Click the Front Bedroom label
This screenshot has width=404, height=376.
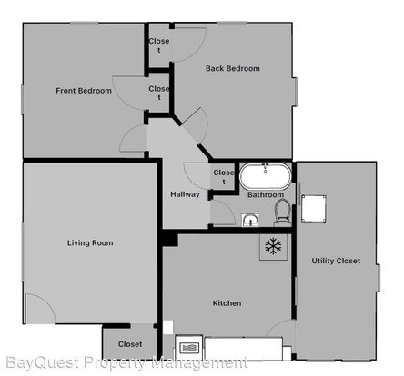pos(84,91)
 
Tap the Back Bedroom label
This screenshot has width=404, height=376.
pos(233,68)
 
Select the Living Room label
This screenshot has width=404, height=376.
pos(90,242)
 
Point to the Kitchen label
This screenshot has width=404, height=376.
pos(227,303)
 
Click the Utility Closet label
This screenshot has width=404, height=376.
pos(336,261)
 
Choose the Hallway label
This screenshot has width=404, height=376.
pos(185,194)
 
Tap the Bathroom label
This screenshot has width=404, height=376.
pos(266,194)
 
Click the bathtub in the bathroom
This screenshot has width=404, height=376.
pos(265,176)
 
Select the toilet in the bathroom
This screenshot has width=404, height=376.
pos(283,213)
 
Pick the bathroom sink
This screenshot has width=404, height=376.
pos(250,220)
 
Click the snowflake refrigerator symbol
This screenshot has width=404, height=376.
pos(273,246)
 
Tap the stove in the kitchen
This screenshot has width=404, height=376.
pos(188,348)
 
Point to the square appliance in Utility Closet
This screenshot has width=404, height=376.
pos(314,209)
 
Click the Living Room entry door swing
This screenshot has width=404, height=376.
pos(41,308)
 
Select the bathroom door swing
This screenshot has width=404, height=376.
pos(223,213)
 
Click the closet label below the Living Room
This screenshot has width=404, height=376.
pos(130,344)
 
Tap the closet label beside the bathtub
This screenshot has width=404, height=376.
pos(224,177)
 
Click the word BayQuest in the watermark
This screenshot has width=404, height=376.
pos(43,362)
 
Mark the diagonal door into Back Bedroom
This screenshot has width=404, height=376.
pos(197,125)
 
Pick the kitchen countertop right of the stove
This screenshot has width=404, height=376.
pos(244,348)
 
